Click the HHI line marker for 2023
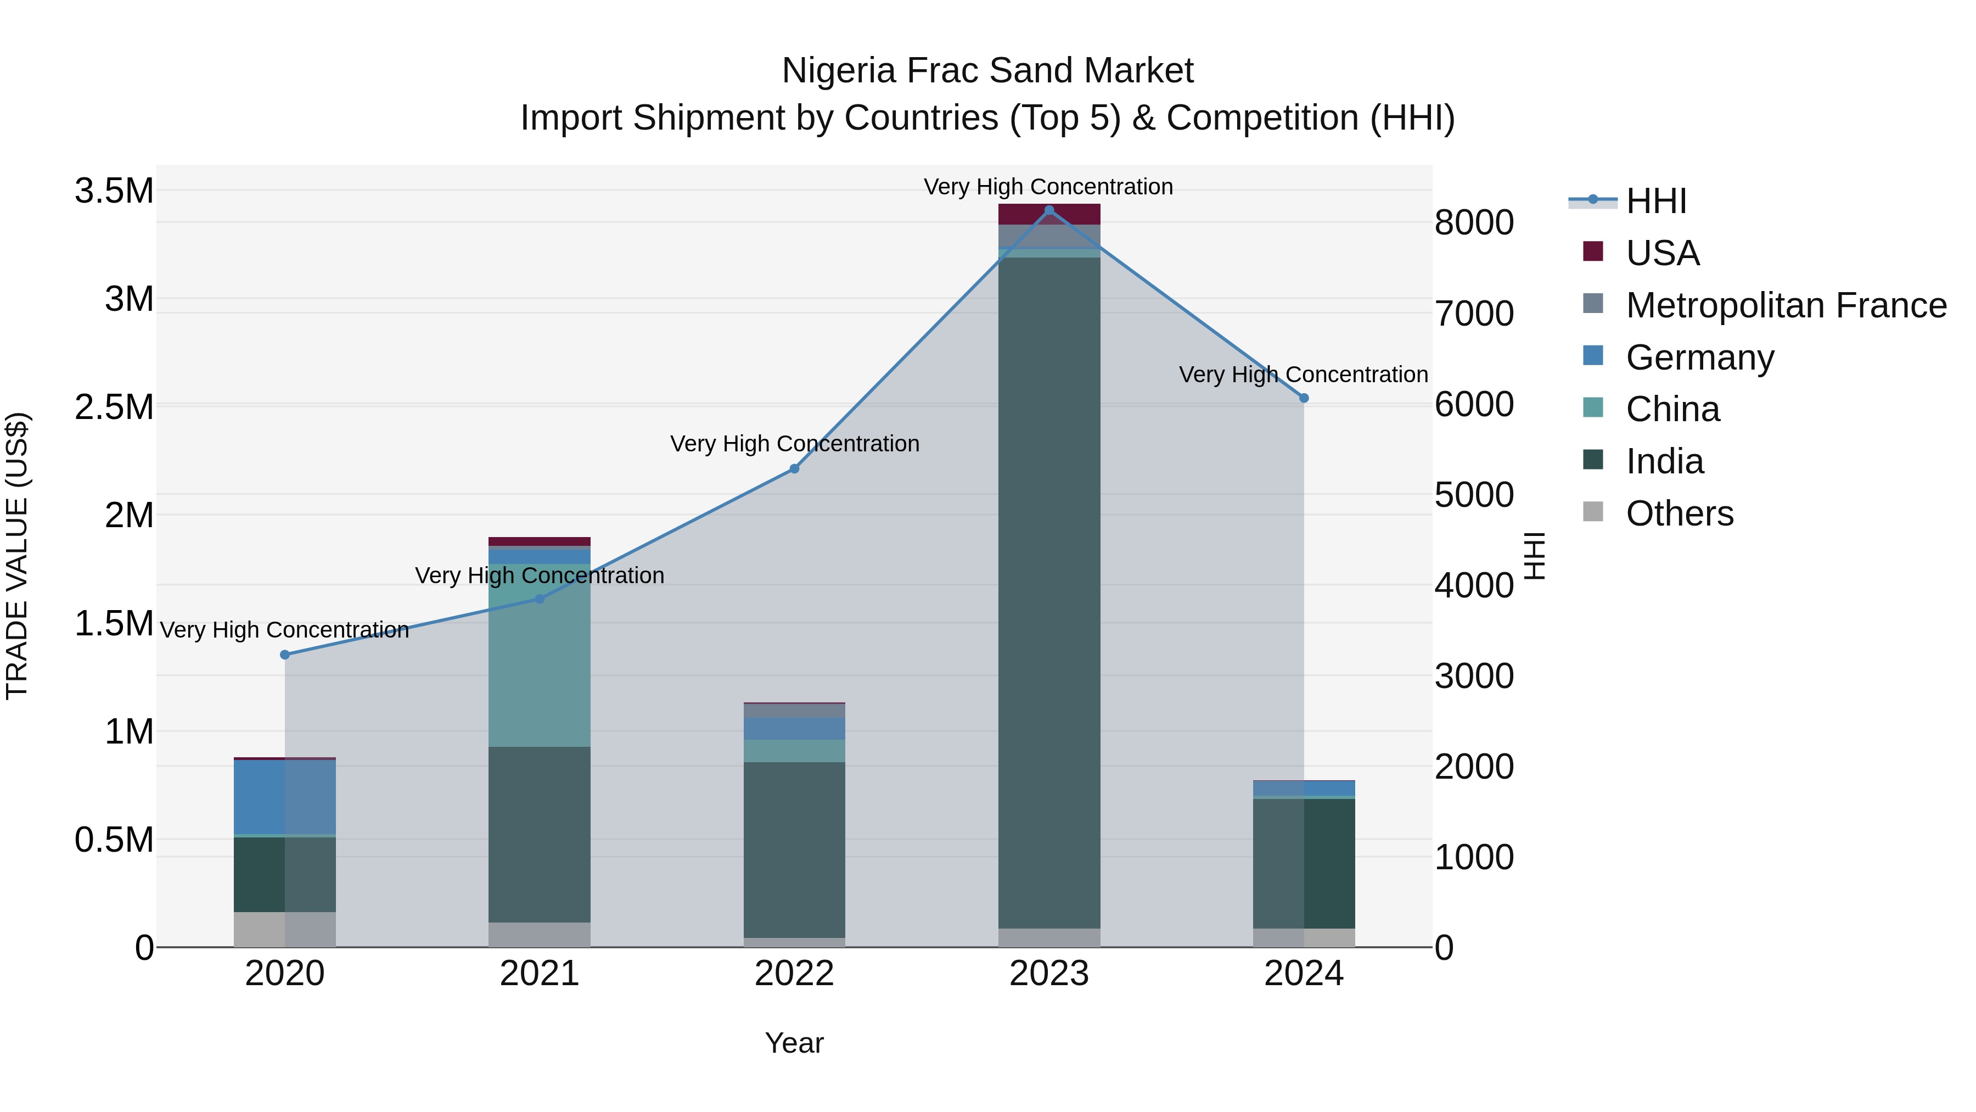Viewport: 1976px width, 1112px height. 1049,210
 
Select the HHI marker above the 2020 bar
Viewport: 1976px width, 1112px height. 284,655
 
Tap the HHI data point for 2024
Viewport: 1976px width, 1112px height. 1304,398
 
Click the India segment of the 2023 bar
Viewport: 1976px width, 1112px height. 1049,591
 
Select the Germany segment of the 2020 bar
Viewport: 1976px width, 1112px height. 284,797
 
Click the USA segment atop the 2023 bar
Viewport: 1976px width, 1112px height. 1049,214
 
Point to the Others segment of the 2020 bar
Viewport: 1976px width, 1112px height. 284,929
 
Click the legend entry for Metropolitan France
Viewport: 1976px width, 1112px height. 1786,305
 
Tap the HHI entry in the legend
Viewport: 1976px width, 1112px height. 1655,201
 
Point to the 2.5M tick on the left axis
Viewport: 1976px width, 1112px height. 114,407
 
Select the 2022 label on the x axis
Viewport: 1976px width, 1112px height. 794,974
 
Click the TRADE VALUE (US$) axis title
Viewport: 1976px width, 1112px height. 17,556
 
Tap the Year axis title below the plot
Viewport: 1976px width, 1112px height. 794,1043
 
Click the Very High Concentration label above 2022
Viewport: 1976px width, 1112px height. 794,444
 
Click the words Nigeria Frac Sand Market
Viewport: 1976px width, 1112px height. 987,71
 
